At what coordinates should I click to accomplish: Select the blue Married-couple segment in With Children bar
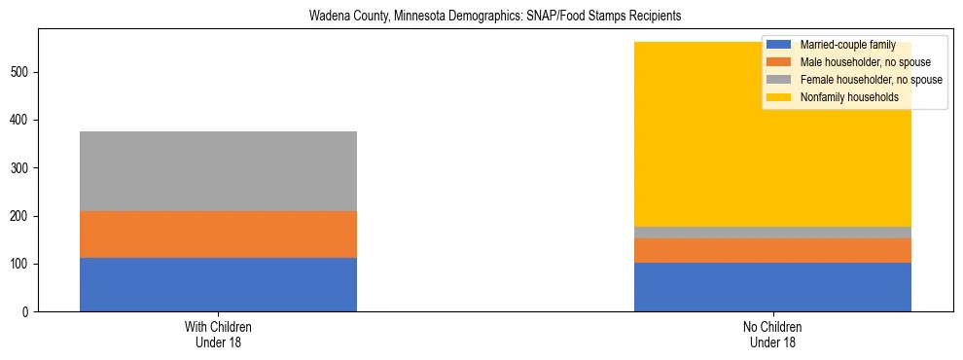click(x=218, y=284)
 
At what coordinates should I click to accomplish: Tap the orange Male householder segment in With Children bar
click(x=218, y=234)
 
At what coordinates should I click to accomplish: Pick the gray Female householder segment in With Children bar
click(x=218, y=171)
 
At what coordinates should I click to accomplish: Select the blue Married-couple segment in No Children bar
click(x=772, y=287)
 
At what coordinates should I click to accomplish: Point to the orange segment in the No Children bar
click(x=772, y=250)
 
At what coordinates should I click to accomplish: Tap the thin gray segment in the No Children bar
click(x=772, y=233)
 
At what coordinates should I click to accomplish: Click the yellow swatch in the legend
click(x=779, y=97)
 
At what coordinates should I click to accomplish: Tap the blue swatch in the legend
click(x=779, y=45)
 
